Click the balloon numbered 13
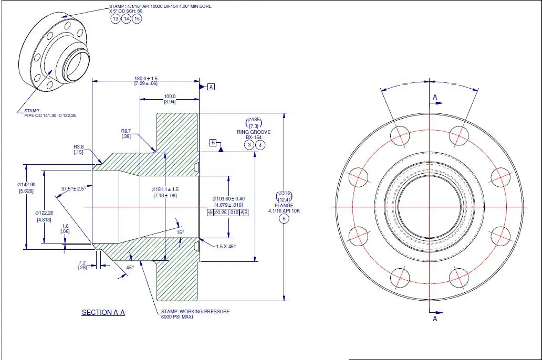tap(116, 19)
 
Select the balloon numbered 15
tap(137, 19)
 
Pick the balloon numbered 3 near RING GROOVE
tap(250, 144)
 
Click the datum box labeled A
tap(211, 87)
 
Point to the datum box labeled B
tap(213, 143)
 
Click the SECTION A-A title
tap(103, 312)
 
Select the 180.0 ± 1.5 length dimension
tap(146, 79)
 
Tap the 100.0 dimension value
tap(170, 97)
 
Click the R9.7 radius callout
tap(126, 131)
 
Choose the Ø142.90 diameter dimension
tap(26, 185)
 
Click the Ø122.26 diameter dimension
tap(45, 213)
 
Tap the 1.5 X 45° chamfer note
tap(226, 246)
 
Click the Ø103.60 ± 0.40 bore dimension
tap(228, 198)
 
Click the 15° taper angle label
tap(180, 231)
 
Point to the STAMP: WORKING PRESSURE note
tap(195, 311)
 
